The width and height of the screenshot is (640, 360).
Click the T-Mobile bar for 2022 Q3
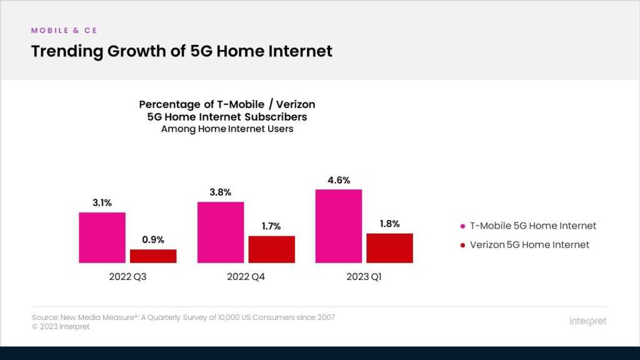[x=102, y=237]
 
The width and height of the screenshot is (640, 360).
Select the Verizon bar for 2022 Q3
[x=153, y=256]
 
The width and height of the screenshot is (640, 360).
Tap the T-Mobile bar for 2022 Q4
[x=221, y=232]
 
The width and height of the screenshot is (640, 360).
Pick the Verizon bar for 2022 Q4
[x=272, y=249]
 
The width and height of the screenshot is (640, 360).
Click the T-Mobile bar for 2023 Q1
[x=339, y=226]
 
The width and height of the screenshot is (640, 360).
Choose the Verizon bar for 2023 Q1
[x=390, y=247]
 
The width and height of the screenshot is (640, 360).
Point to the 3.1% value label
[x=102, y=202]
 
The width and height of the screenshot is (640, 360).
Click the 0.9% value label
[x=153, y=239]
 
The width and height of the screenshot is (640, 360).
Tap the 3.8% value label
[x=221, y=192]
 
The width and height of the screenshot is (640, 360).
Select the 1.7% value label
[x=272, y=226]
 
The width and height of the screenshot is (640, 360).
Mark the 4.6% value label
[x=339, y=180]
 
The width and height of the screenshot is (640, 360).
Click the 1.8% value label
[x=390, y=224]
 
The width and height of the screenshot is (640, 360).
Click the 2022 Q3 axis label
[x=127, y=276]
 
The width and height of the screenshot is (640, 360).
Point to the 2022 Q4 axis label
[x=246, y=276]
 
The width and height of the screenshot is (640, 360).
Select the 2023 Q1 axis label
[x=364, y=276]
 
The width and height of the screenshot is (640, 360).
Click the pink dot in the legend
[x=462, y=226]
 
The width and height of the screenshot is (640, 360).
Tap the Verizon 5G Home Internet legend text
[x=530, y=245]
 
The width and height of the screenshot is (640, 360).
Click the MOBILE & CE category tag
[x=64, y=30]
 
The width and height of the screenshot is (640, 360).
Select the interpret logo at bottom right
[x=587, y=321]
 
